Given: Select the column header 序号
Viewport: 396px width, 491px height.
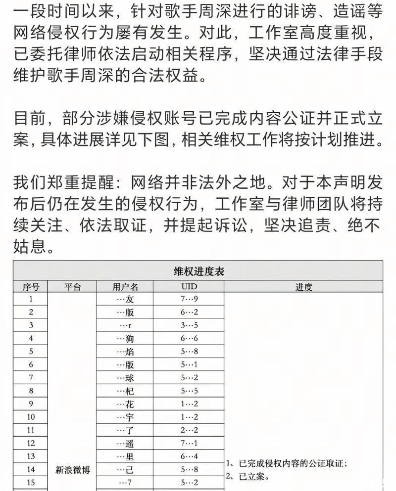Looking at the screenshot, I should point(31,287).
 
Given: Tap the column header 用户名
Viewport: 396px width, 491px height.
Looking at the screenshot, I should point(125,287).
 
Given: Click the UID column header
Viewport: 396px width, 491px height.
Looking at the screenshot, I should point(189,287).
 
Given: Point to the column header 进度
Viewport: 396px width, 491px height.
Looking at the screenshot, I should point(303,287).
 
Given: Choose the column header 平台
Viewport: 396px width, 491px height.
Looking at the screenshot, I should point(73,287).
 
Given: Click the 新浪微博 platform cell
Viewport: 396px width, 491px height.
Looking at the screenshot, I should point(73,470).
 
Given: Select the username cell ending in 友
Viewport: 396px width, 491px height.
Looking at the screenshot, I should point(125,299).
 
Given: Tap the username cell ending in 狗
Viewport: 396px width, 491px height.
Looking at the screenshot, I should point(125,339).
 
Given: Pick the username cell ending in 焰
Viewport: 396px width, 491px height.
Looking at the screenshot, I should point(125,352).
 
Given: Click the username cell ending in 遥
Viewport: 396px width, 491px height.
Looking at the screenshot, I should point(125,444).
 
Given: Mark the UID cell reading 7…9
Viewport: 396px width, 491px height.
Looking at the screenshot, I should point(189,299).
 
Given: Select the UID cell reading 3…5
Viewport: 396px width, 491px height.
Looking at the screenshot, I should point(189,325).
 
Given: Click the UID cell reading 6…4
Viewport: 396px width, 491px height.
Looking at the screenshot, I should point(189,456).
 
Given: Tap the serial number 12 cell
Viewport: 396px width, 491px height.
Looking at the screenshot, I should point(31,444).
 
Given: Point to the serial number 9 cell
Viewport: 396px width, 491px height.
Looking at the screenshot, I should point(31,404).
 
